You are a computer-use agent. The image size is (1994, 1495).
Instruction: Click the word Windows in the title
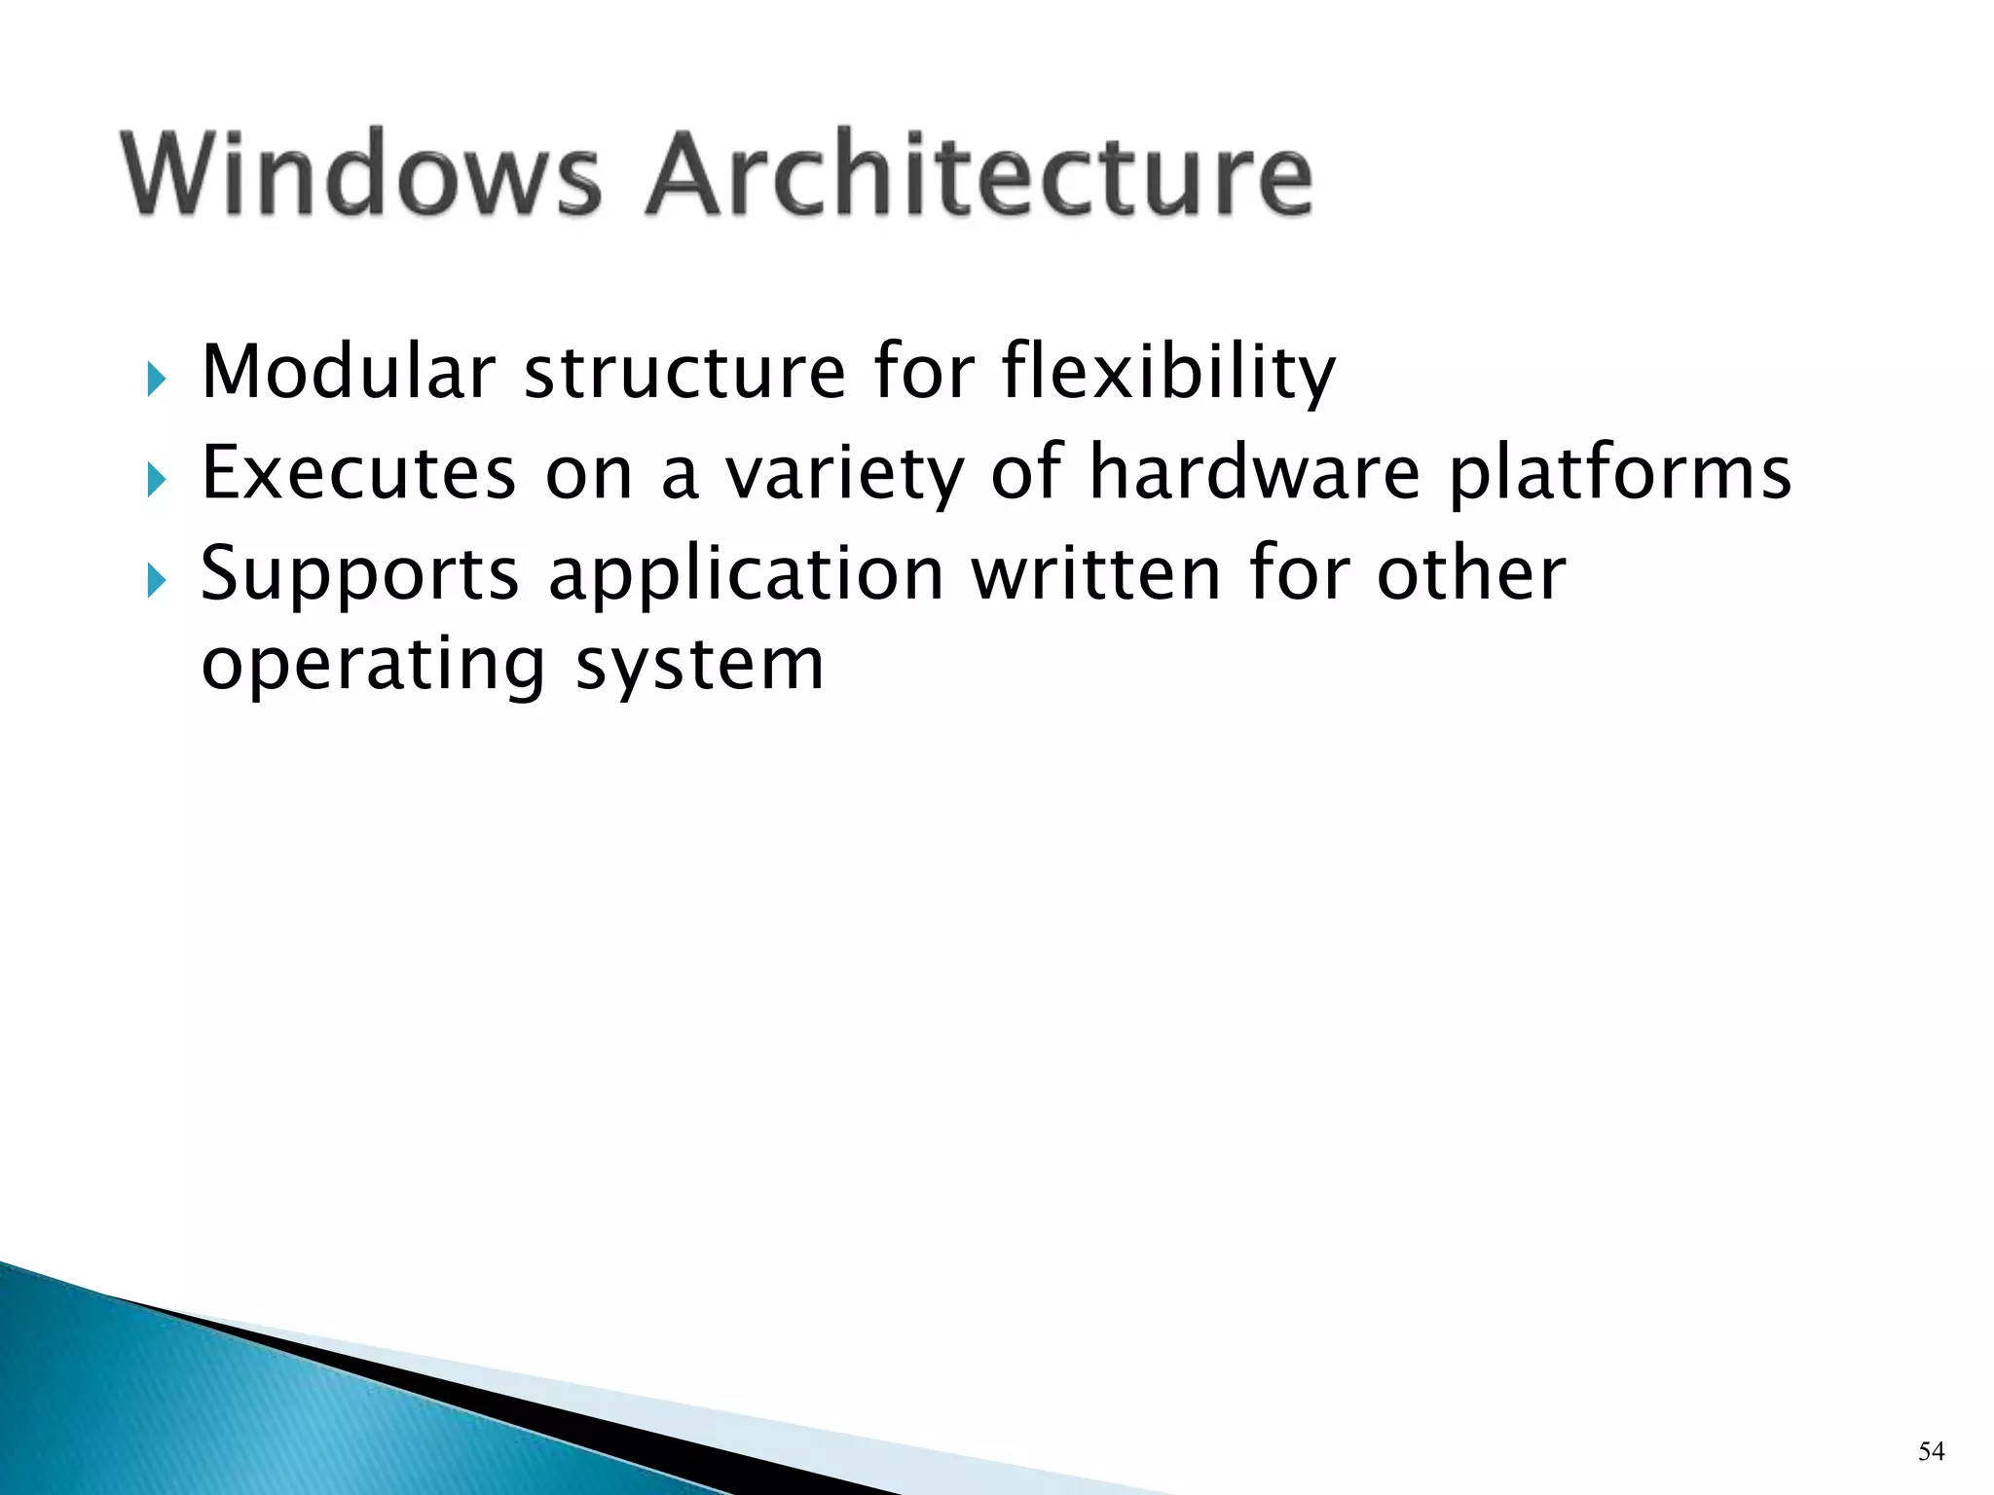[x=361, y=174]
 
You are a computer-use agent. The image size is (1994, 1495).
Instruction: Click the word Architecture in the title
[x=979, y=174]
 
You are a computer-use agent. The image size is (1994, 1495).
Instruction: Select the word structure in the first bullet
[x=684, y=373]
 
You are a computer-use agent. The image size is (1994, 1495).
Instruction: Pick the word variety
[x=844, y=474]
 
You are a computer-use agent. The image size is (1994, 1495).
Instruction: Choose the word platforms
[x=1620, y=474]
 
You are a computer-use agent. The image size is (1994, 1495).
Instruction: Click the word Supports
[x=360, y=575]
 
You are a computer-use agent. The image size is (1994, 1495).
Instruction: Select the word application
[x=746, y=575]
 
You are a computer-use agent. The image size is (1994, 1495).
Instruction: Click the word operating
[x=373, y=666]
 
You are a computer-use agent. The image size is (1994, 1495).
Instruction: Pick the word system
[x=700, y=668]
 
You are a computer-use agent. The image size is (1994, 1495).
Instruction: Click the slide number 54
[x=1931, y=1451]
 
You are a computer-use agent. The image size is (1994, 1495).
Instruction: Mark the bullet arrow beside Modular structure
[x=156, y=379]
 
